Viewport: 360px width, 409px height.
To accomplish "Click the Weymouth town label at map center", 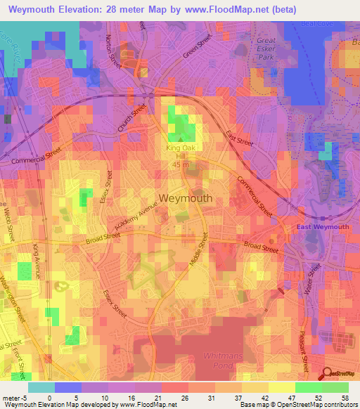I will point(186,198).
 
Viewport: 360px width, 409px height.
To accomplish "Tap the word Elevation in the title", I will point(82,9).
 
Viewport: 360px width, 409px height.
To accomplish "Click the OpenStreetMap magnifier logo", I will point(328,372).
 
